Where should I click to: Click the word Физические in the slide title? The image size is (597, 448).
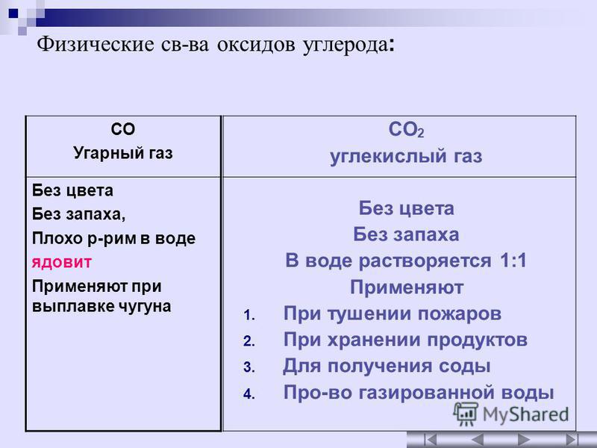(x=96, y=44)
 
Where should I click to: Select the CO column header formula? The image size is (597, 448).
(x=123, y=129)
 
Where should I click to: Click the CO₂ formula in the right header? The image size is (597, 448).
(x=406, y=129)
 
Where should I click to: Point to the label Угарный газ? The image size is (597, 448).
(x=123, y=153)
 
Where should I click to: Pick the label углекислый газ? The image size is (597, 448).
(x=406, y=156)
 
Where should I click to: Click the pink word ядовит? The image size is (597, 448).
(x=62, y=263)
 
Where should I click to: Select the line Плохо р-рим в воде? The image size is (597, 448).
(x=113, y=238)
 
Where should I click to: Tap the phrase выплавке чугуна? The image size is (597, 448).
(x=101, y=306)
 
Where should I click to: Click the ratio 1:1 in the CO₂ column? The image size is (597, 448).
(x=513, y=261)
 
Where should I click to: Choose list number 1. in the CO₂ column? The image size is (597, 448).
(x=249, y=315)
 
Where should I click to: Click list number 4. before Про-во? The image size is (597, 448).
(x=249, y=394)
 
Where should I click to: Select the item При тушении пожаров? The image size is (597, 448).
(x=393, y=314)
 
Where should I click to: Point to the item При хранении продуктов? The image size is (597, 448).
(x=405, y=340)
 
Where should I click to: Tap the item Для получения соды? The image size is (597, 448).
(x=387, y=366)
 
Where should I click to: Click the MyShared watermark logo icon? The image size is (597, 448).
(x=465, y=414)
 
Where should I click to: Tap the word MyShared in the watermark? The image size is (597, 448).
(x=525, y=414)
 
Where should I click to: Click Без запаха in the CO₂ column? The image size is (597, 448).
(x=406, y=234)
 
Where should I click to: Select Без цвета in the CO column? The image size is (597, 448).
(x=72, y=190)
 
